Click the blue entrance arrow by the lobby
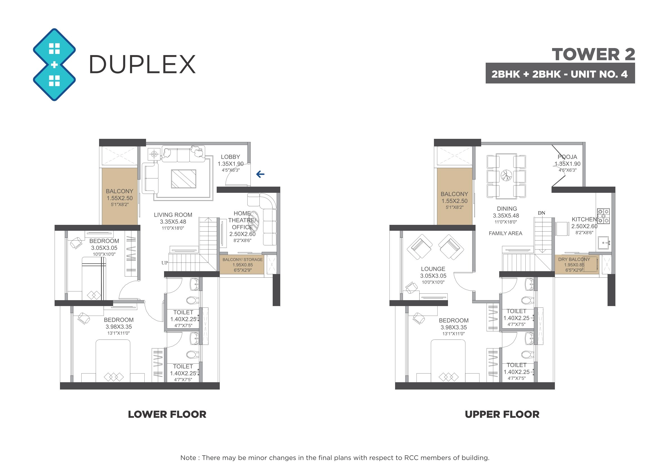click(260, 174)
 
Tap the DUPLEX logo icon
click(54, 65)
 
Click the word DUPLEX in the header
click(142, 64)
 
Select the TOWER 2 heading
click(593, 55)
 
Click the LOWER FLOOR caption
click(167, 414)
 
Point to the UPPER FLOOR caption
click(502, 414)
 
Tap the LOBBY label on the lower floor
click(230, 157)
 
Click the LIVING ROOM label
click(173, 215)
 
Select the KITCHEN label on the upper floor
click(584, 219)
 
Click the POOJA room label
click(567, 157)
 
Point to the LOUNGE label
click(433, 269)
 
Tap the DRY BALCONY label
click(574, 259)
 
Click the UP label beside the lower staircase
click(165, 262)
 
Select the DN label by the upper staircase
click(541, 213)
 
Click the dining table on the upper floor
click(506, 176)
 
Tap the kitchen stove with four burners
click(603, 216)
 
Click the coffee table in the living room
click(183, 179)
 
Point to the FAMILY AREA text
click(505, 233)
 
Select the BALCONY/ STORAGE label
click(243, 259)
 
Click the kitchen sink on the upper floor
click(604, 243)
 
